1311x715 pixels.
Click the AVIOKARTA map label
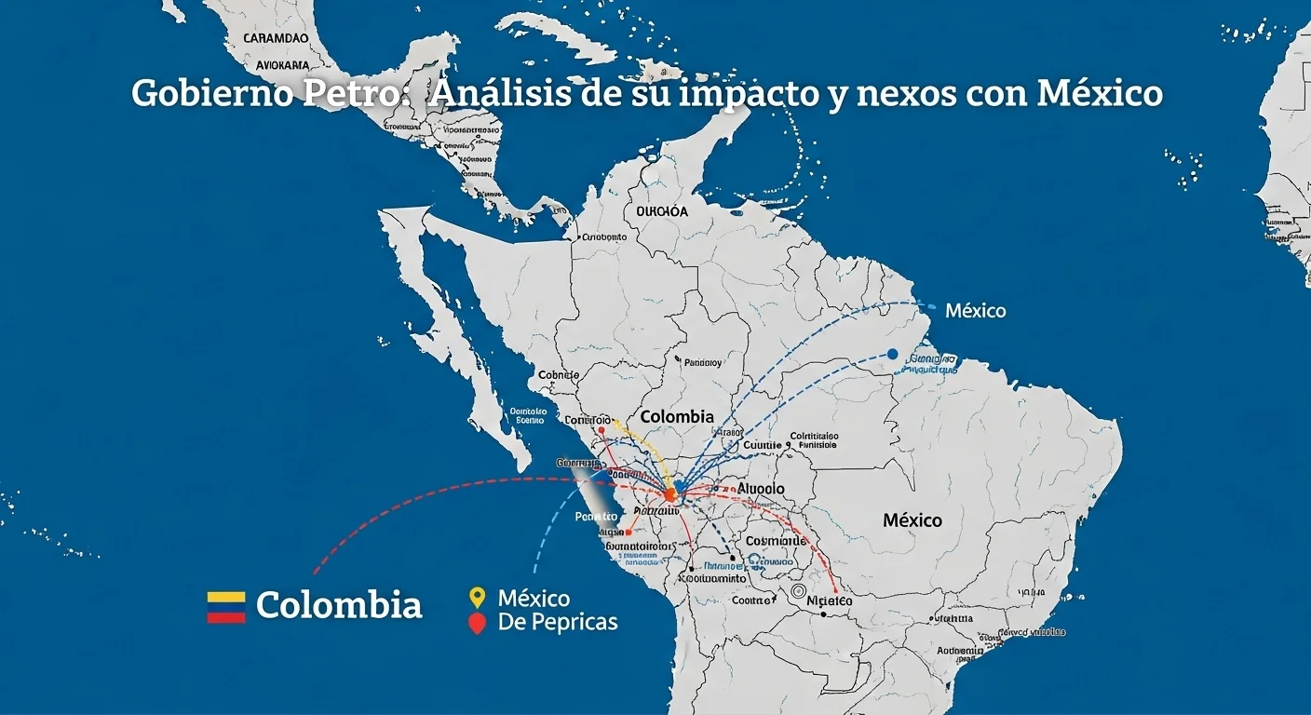point(282,66)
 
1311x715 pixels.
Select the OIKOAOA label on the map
point(662,211)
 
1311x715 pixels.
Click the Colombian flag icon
point(226,606)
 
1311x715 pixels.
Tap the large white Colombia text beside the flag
point(339,606)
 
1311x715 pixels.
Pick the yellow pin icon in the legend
point(478,598)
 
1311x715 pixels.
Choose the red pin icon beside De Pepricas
point(478,624)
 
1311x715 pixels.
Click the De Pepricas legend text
point(558,622)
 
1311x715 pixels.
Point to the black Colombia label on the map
point(677,417)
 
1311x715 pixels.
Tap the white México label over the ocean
point(975,311)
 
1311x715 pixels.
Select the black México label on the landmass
point(912,520)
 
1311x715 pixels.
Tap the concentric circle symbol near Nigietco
point(797,591)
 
